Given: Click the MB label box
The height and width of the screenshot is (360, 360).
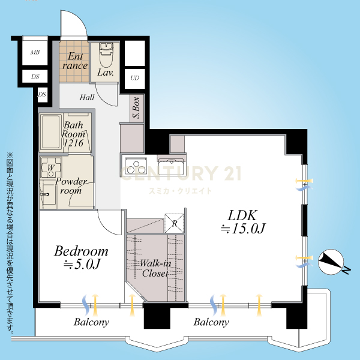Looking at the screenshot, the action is (35, 52).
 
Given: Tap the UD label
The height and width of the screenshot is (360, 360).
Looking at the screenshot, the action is (135, 78).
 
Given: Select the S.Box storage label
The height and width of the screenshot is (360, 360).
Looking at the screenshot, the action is (136, 107).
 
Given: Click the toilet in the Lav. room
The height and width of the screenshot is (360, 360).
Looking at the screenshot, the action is (106, 55).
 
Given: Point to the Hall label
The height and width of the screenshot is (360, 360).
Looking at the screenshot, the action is (87, 98).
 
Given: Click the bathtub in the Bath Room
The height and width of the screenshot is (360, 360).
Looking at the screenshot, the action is (51, 132).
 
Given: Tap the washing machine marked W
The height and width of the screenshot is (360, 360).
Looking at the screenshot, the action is (51, 167).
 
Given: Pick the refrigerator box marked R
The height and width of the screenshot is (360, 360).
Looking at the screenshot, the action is (174, 223).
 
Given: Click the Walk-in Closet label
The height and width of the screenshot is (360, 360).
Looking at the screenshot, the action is (155, 268).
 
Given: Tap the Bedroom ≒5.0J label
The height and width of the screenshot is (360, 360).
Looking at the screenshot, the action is (81, 257).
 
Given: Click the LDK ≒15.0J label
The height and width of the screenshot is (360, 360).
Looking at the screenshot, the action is (243, 222).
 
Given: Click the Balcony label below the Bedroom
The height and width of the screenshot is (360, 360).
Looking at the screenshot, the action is (91, 322).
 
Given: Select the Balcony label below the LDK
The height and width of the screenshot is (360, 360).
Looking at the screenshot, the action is (211, 322).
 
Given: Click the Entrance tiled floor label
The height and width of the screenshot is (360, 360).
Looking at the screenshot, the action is (75, 61).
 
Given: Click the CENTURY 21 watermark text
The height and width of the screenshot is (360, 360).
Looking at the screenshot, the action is (181, 173).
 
